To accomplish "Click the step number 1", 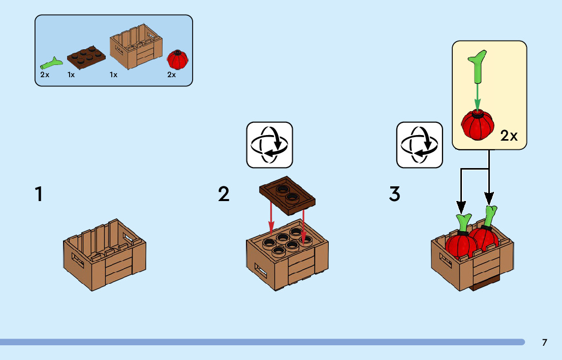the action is [39, 194].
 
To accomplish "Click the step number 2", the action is [224, 194].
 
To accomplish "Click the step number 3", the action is [395, 194].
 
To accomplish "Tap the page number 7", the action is [544, 342].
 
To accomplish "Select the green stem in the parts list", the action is [51, 63].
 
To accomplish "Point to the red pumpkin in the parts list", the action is [177, 60].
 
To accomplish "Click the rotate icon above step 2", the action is [269, 145].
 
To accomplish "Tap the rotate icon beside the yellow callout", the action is [419, 145].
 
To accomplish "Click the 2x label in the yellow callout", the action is [509, 136].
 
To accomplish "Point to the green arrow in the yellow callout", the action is [477, 96].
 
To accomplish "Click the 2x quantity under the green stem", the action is [45, 75].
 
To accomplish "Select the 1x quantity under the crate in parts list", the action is [113, 75].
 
